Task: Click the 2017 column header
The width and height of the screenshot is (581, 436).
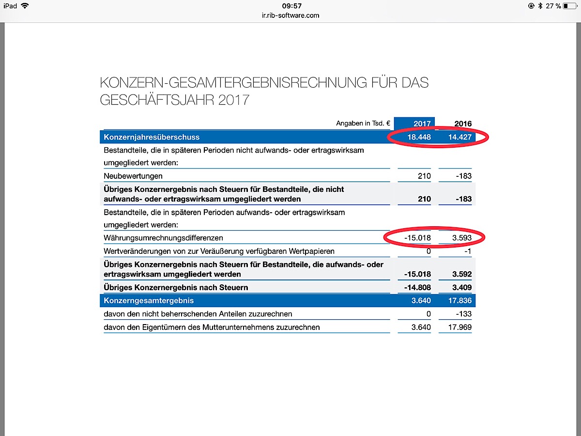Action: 422,124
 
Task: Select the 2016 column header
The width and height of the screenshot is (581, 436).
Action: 463,124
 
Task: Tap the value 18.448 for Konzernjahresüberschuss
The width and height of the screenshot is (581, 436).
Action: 419,137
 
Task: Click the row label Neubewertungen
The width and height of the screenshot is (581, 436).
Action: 133,176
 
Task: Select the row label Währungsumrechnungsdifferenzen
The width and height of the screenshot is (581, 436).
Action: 164,238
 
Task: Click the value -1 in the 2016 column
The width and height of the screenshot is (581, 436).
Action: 467,251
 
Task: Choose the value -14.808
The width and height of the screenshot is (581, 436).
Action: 417,288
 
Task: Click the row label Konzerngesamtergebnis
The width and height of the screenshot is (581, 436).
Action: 149,301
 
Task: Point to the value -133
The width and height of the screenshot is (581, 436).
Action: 463,314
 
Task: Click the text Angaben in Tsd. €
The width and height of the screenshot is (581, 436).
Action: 363,124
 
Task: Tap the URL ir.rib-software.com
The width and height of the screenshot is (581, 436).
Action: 290,15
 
